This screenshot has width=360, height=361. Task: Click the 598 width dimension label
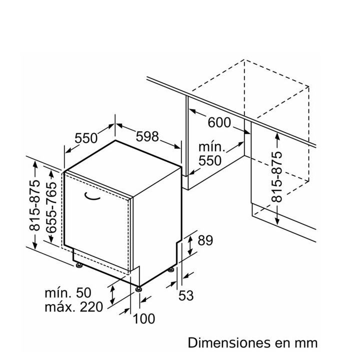[x=147, y=136]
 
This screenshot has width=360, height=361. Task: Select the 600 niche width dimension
[x=219, y=122]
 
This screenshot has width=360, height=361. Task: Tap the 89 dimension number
[x=205, y=240]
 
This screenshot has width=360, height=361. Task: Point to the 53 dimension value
[x=186, y=295]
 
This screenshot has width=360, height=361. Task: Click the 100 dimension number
[x=144, y=319]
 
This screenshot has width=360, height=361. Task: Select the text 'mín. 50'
[x=68, y=293]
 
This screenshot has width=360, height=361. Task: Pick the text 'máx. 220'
[x=73, y=307]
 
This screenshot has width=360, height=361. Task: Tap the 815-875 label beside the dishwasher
[x=34, y=205]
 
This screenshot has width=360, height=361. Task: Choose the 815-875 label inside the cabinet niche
[x=276, y=177]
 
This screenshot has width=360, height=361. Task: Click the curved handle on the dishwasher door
[x=92, y=196]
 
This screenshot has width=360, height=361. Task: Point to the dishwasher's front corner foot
[x=138, y=289]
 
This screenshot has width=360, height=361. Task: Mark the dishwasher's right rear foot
[x=171, y=269]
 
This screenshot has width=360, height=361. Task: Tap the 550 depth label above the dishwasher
[x=86, y=138]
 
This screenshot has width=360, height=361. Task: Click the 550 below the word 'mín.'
[x=210, y=160]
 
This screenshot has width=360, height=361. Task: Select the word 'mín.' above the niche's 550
[x=211, y=147]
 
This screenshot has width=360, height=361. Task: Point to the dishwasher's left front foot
[x=79, y=265]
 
